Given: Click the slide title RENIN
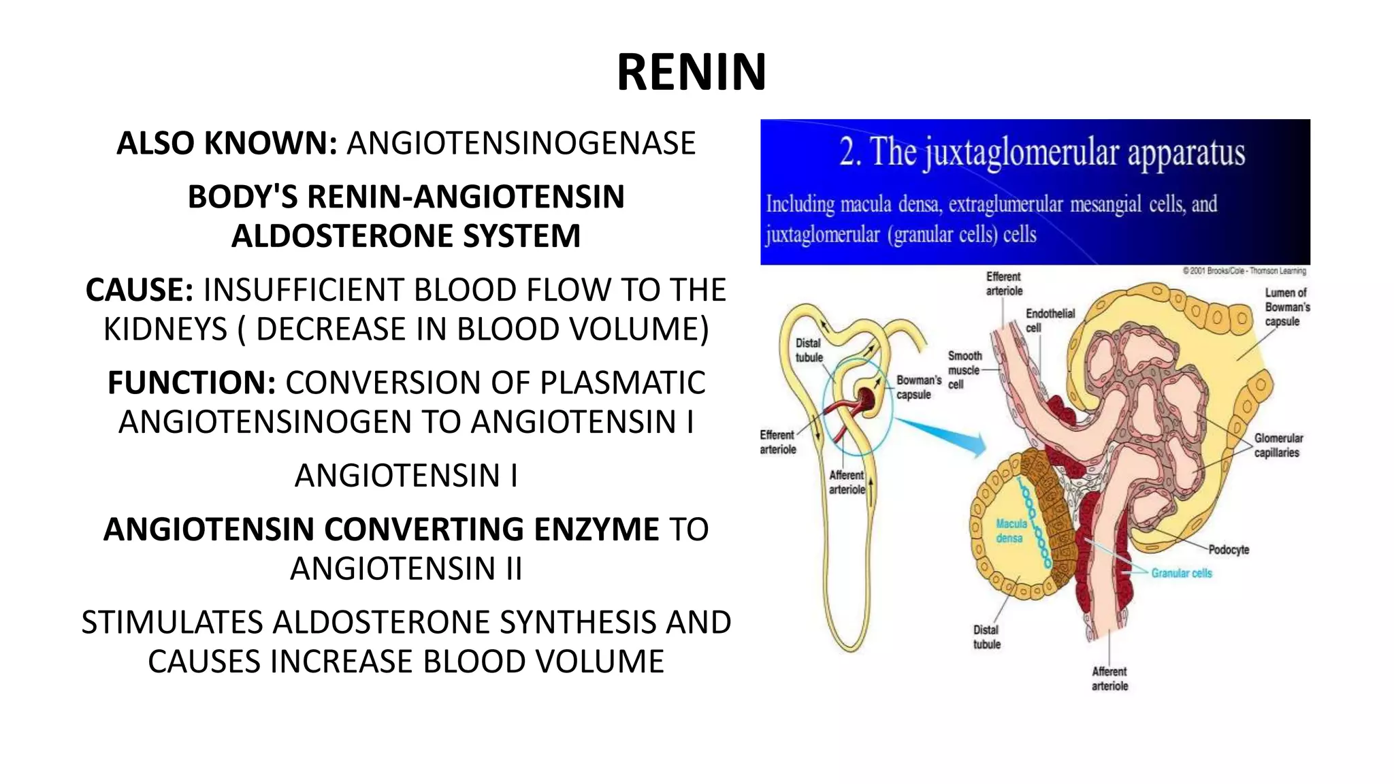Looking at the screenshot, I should pyautogui.click(x=692, y=72).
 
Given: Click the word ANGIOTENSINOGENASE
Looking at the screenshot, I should pyautogui.click(x=521, y=144).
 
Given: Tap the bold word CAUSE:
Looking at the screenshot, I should pyautogui.click(x=140, y=290).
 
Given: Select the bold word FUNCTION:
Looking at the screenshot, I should pyautogui.click(x=191, y=382).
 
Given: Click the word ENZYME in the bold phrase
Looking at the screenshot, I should pyautogui.click(x=596, y=529).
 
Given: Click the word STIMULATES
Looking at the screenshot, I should pyautogui.click(x=172, y=622).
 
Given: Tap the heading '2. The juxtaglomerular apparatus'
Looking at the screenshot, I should pyautogui.click(x=1041, y=152).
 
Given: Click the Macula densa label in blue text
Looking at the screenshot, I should pyautogui.click(x=1011, y=531).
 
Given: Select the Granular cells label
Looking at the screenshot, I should pyautogui.click(x=1182, y=573).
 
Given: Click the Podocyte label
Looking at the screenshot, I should pyautogui.click(x=1229, y=549).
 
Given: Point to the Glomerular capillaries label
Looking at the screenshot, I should pyautogui.click(x=1278, y=445).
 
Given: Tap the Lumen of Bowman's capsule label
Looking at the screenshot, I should pyautogui.click(x=1286, y=307).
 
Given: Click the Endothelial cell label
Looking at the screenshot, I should pyautogui.click(x=1050, y=320).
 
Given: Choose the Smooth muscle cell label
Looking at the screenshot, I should pyautogui.click(x=964, y=370).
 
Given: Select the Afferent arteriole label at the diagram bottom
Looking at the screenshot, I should pyautogui.click(x=1109, y=679).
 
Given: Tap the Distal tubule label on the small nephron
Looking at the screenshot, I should pyautogui.click(x=809, y=350).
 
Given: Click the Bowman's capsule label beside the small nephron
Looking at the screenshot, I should pyautogui.click(x=918, y=387).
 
